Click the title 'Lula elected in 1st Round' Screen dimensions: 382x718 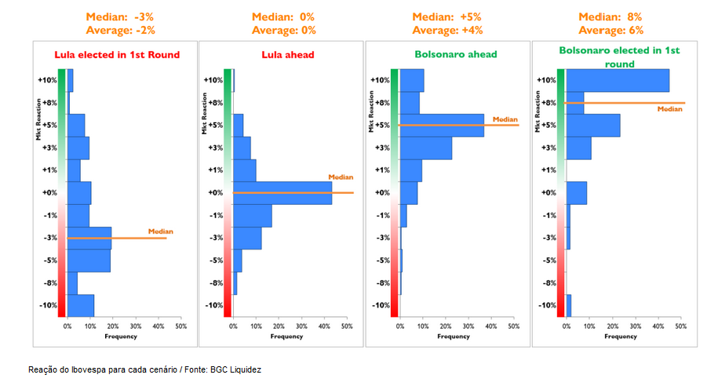point(117,55)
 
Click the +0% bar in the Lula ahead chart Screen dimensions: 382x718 point(282,193)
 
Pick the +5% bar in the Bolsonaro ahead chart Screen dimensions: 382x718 point(441,126)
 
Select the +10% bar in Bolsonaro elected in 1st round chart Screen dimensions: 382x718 point(618,81)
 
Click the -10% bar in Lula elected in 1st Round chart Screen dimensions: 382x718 point(81,305)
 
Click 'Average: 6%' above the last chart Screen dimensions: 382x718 point(610,31)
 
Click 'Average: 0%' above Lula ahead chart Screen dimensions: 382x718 point(283,31)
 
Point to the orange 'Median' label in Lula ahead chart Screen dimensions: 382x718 point(341,177)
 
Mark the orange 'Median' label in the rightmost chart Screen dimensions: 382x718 point(669,109)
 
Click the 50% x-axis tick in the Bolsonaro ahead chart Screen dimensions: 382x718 point(514,325)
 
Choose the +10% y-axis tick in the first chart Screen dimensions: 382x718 point(47,80)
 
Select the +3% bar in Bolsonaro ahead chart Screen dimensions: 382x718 point(425,148)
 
